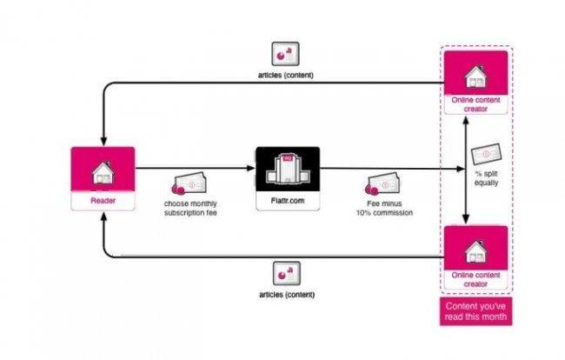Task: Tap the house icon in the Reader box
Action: [x=102, y=172]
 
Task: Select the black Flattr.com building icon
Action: [x=288, y=169]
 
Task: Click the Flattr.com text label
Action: [x=288, y=202]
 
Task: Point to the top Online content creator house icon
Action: [x=475, y=76]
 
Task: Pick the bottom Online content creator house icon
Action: [x=475, y=250]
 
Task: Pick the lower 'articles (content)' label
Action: [x=287, y=294]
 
